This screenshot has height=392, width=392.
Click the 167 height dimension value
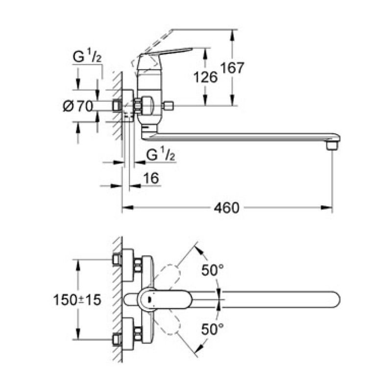[232, 68]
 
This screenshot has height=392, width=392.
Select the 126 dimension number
[205, 77]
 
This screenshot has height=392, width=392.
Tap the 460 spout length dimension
[226, 208]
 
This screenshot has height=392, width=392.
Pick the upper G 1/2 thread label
[87, 58]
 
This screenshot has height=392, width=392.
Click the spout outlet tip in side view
[332, 146]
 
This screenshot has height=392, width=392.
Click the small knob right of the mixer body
[169, 105]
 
